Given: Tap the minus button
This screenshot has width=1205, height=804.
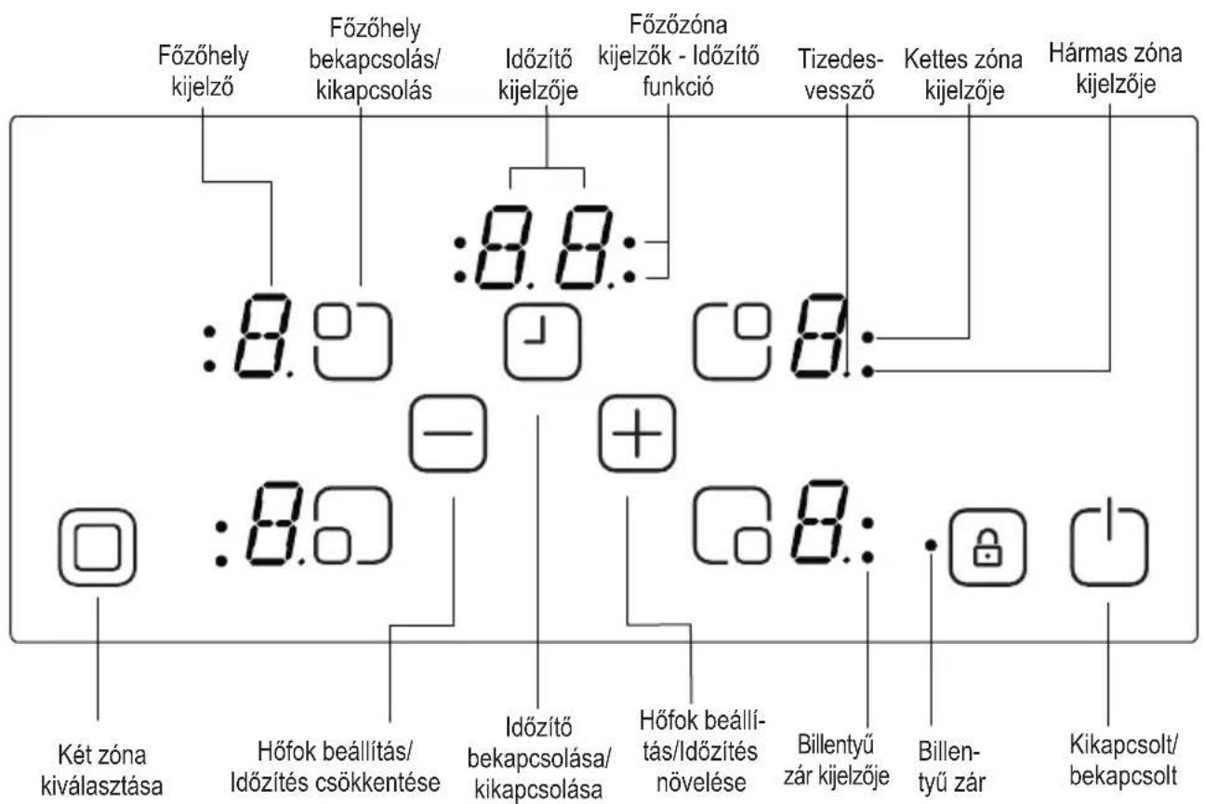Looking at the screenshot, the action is click(x=447, y=433).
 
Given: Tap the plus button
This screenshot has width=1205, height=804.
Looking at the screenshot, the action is click(x=637, y=433).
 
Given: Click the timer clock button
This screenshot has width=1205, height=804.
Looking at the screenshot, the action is click(x=543, y=341).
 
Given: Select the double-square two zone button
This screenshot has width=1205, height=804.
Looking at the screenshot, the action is click(x=98, y=547).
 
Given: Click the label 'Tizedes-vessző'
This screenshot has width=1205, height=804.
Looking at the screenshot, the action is click(x=840, y=74).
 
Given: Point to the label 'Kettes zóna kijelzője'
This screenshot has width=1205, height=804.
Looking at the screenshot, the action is click(x=963, y=74).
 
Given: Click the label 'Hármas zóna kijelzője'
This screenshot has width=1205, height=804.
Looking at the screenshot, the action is click(x=1115, y=69).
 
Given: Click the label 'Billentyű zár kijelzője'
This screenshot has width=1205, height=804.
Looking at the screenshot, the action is click(x=837, y=760).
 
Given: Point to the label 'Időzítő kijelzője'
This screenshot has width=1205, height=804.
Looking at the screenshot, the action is click(x=538, y=74).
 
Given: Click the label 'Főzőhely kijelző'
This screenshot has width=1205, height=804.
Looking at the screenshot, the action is click(x=203, y=71).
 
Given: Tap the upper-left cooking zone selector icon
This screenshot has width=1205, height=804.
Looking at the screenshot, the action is click(x=353, y=341).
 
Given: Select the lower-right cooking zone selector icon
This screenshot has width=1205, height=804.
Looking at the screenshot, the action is click(x=732, y=525).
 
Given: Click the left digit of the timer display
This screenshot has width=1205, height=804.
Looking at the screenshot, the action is click(x=502, y=247).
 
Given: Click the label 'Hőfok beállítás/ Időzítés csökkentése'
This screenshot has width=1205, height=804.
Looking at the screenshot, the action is click(x=335, y=767).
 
